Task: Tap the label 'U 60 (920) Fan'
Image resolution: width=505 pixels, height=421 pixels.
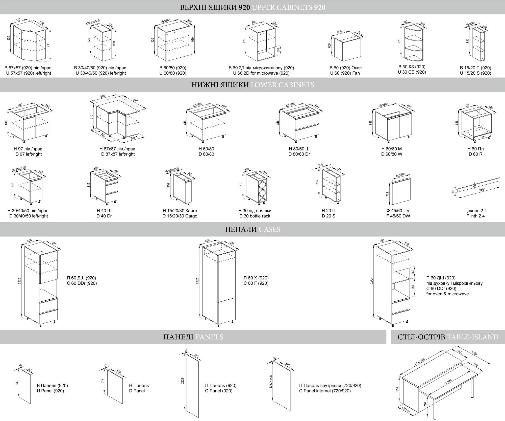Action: click(x=345, y=73)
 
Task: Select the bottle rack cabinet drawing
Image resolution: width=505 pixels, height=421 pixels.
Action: click(x=256, y=187)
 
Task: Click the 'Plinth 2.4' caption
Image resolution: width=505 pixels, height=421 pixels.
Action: click(x=475, y=216)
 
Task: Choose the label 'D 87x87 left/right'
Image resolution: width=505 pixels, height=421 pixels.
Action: click(x=118, y=154)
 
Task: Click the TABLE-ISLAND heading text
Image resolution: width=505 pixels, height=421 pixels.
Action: click(x=448, y=337)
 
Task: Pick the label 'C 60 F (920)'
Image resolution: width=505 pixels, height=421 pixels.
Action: click(x=256, y=283)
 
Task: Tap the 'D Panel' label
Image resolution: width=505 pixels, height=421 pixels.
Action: click(x=137, y=391)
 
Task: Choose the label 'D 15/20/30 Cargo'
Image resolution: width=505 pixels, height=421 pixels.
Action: click(x=180, y=216)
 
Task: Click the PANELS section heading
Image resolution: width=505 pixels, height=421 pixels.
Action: click(x=193, y=337)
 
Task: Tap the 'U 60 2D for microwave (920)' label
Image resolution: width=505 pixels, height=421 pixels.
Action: click(x=261, y=73)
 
